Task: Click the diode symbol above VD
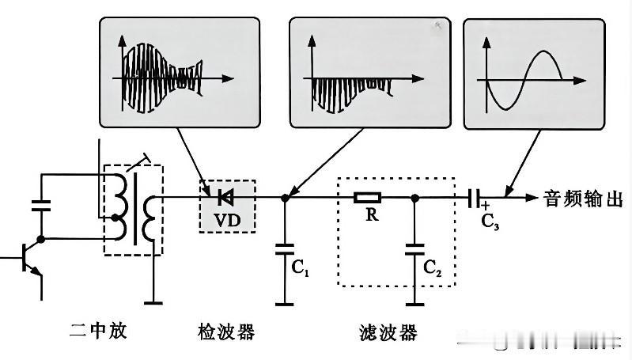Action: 225,198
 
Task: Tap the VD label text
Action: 227,221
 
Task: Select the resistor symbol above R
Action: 367,198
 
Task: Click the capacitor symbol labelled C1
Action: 285,248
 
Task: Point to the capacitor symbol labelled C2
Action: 414,249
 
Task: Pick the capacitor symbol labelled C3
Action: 474,198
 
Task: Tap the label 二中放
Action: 98,331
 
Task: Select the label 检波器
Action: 226,332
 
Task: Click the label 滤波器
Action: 388,332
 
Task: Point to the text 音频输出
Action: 583,199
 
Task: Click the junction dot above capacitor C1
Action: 285,198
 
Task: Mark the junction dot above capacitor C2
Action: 414,198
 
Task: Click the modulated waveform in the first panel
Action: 162,78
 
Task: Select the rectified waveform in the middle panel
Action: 351,95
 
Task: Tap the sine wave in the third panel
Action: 524,80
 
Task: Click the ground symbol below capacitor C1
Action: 285,304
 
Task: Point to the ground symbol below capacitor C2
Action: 414,305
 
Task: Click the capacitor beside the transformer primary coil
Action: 40,205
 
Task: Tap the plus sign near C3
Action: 486,206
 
